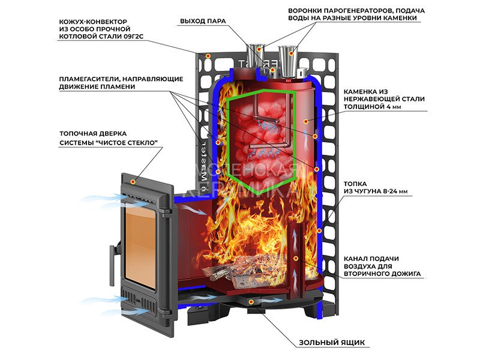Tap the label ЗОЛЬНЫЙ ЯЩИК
(331, 343)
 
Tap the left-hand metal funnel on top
(256, 54)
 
